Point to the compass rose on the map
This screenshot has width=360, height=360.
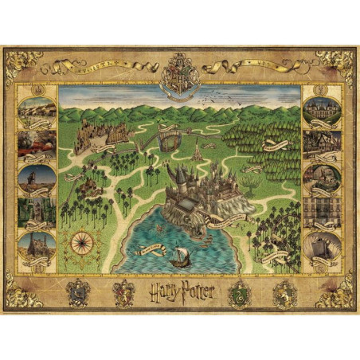coord(84,241)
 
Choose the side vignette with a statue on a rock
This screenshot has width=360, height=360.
coord(37,177)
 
